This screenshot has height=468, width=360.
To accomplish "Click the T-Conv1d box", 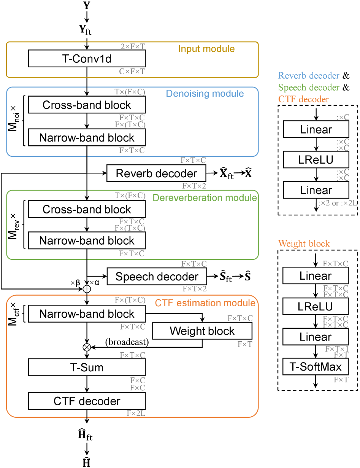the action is [x=87, y=58].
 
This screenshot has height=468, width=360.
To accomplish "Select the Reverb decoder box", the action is [x=156, y=173].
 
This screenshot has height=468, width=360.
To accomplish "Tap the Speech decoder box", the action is [x=157, y=276].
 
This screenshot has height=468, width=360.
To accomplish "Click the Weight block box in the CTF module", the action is [x=202, y=331].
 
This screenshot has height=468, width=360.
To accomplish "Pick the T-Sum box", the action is [x=87, y=367].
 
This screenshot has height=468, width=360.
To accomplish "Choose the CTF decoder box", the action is [x=87, y=401].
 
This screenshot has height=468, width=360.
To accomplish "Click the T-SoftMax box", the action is [x=316, y=366].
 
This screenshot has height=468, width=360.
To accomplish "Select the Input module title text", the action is [x=206, y=49].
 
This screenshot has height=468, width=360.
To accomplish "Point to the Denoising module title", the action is [x=205, y=94].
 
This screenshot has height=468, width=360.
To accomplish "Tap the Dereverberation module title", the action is [x=205, y=198].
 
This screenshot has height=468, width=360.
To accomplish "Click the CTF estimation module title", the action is [x=205, y=303].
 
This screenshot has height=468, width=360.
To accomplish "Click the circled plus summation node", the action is [x=87, y=289].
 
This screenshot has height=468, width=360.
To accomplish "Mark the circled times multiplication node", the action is [x=87, y=347].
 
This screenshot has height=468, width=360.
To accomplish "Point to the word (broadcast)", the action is [x=127, y=342].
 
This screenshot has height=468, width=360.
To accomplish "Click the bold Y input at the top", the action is [x=87, y=5].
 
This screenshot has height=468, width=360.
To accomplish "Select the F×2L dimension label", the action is [x=136, y=413].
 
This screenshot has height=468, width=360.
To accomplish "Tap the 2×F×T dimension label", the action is [x=133, y=46].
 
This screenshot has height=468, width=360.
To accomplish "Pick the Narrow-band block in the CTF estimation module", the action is [x=87, y=314].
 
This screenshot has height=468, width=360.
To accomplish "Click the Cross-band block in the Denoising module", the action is [x=87, y=105].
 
